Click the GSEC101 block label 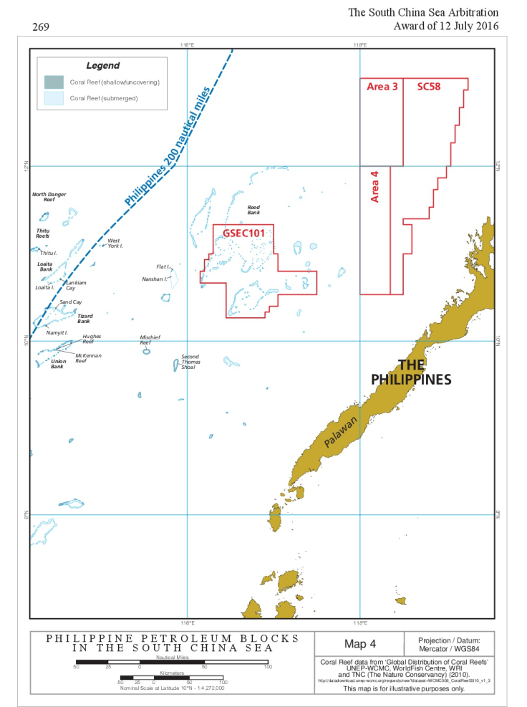[243, 233]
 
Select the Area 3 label [382, 87]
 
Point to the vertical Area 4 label [374, 186]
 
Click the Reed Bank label [253, 209]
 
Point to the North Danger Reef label [49, 197]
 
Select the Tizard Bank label [84, 319]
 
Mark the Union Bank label [57, 364]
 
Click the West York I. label [115, 243]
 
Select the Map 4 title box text [359, 643]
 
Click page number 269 [41, 27]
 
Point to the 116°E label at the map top [188, 44]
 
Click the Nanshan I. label [154, 279]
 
